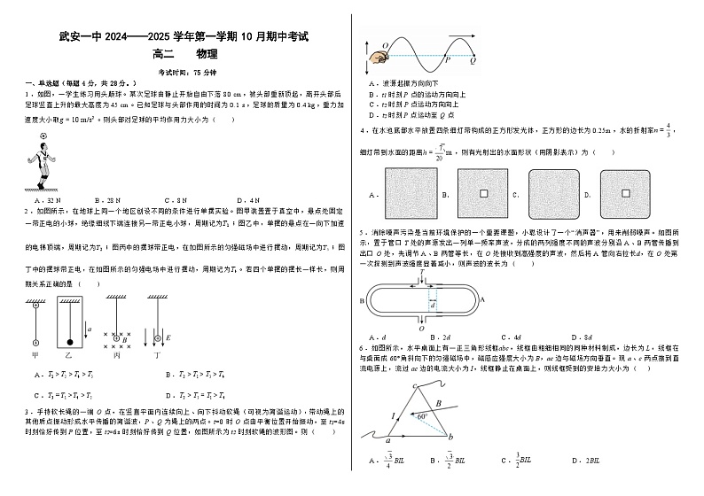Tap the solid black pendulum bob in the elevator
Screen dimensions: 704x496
point(67,342)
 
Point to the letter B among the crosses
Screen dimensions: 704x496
point(124,338)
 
